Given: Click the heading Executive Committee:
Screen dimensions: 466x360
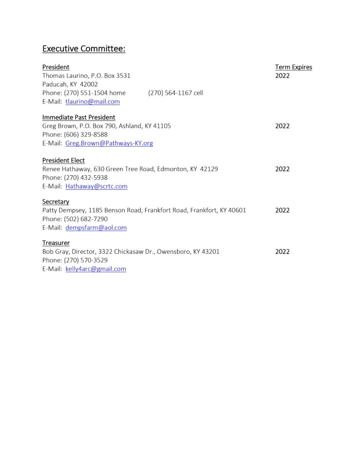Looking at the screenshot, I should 84,49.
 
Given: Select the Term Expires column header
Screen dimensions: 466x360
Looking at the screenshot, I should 294,67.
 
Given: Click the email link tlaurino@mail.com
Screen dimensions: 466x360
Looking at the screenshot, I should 92,101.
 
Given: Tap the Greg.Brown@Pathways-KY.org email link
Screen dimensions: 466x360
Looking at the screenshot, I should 109,143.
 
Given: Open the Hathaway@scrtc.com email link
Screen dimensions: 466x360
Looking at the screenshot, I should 96,186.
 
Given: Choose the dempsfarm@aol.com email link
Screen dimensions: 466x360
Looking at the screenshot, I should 96,228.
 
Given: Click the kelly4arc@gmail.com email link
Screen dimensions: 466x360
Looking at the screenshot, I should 96,269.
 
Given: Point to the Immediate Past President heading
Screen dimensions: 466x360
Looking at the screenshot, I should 79,117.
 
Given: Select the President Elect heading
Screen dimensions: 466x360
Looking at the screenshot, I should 63,160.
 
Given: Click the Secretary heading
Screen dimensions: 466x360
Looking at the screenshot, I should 56,202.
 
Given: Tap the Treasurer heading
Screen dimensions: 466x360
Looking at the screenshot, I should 56,243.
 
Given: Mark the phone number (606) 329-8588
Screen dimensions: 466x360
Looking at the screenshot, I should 86,135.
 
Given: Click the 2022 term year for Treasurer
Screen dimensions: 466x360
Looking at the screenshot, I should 282,252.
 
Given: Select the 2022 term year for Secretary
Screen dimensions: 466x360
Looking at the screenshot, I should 282,210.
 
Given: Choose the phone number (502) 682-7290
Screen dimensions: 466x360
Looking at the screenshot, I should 86,219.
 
